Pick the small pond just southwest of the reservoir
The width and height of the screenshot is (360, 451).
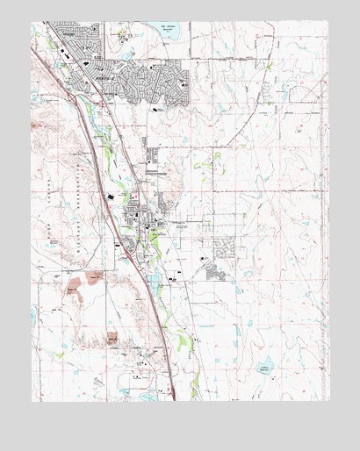pyautogui.click(x=129, y=53)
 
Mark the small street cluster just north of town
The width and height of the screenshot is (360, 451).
pyautogui.click(x=155, y=158)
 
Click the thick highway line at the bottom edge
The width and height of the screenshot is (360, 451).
pyautogui.click(x=171, y=395)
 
